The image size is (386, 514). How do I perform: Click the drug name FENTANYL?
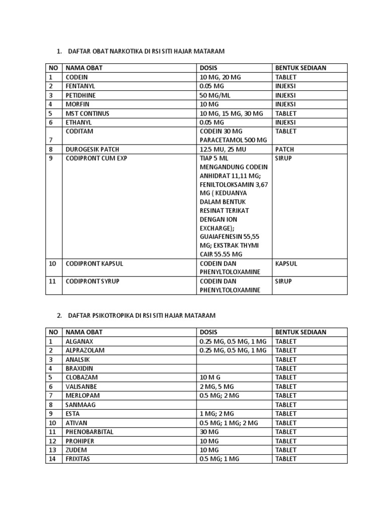point(80,86)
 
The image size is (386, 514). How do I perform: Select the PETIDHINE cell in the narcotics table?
point(80,95)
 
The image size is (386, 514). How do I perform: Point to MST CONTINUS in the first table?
point(87,113)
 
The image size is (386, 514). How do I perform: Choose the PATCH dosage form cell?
point(284,150)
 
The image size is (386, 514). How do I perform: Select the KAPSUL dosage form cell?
point(285,264)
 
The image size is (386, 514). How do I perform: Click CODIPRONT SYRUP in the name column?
point(92,282)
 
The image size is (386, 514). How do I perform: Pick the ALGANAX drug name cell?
point(79,341)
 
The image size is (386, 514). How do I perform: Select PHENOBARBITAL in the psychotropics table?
point(89,432)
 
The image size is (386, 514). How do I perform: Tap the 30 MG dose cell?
point(210,432)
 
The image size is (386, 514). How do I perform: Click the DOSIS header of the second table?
point(209,332)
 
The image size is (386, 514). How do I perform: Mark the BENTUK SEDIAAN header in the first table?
point(301,68)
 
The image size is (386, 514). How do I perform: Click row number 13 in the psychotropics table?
point(52,450)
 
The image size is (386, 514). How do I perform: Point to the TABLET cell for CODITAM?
point(286,132)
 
